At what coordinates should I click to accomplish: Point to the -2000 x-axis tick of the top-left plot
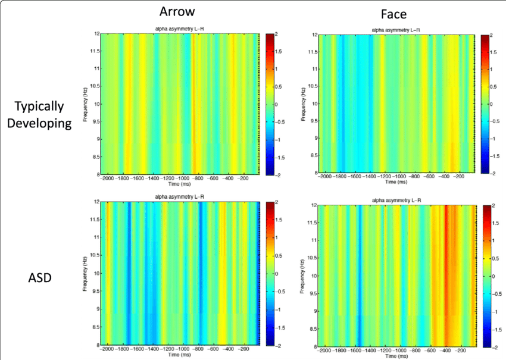pyautogui.click(x=108, y=178)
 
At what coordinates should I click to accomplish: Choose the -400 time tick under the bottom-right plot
pyautogui.click(x=444, y=350)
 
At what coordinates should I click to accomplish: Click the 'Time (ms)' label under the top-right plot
pyautogui.click(x=396, y=183)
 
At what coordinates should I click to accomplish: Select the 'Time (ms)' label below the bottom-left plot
pyautogui.click(x=180, y=355)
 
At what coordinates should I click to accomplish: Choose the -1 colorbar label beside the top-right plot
pyautogui.click(x=493, y=138)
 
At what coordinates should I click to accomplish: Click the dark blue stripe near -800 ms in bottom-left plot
pyautogui.click(x=201, y=274)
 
